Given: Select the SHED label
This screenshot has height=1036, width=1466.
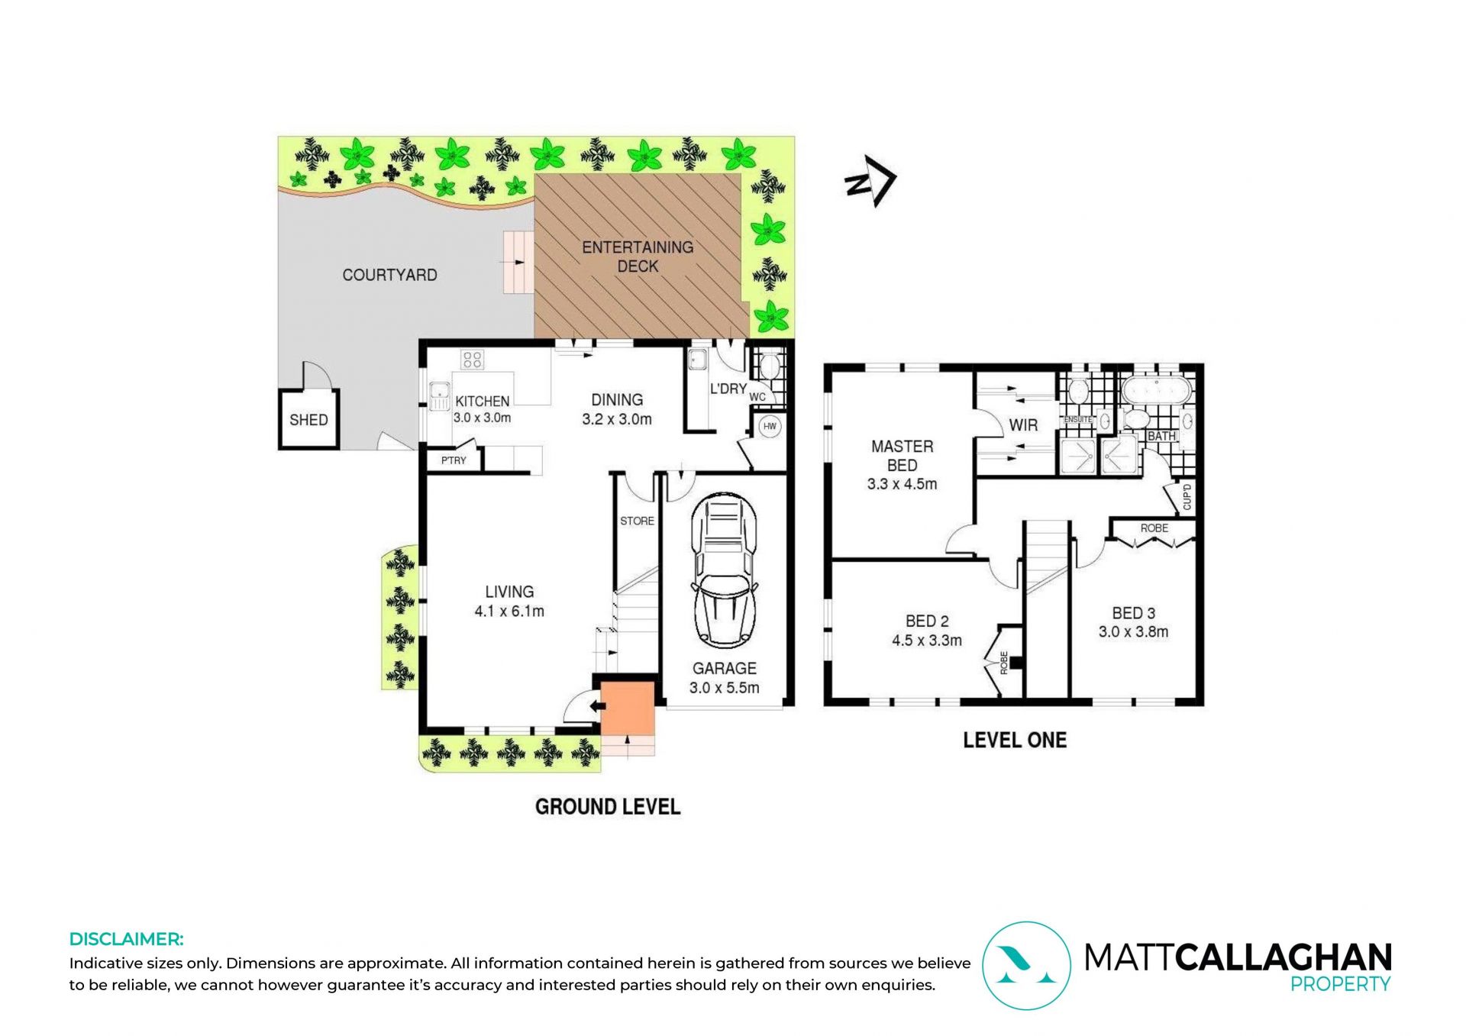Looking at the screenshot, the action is point(308,420).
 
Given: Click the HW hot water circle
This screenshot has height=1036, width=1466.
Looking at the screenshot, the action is point(770,427).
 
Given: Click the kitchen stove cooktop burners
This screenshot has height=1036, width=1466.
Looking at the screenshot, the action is point(472,359).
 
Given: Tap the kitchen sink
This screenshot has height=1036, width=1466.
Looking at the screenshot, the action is point(439,396).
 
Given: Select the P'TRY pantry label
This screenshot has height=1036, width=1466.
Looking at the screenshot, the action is point(454,460).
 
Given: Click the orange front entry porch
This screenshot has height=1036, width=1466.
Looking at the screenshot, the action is point(628,708).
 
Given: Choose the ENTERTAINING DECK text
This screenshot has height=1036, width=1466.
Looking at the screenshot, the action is point(638,257).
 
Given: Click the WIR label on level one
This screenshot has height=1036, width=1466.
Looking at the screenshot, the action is point(1023,425).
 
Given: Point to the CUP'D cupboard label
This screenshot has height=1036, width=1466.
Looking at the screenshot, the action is point(1187,496).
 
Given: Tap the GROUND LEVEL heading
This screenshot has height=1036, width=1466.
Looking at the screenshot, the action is point(608,807).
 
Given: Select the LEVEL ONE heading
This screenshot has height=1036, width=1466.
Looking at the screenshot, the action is point(1015,740).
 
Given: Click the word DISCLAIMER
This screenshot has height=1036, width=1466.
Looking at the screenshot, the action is point(127,939).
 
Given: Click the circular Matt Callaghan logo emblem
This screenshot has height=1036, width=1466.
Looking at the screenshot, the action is point(1026,966).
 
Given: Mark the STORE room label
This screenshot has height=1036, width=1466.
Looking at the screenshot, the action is point(637,521).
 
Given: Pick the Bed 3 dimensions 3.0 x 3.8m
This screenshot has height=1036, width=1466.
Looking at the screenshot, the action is point(1133,631).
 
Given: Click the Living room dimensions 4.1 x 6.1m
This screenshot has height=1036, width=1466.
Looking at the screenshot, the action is point(509,611).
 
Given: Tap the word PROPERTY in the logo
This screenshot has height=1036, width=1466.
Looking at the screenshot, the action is point(1341,985).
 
